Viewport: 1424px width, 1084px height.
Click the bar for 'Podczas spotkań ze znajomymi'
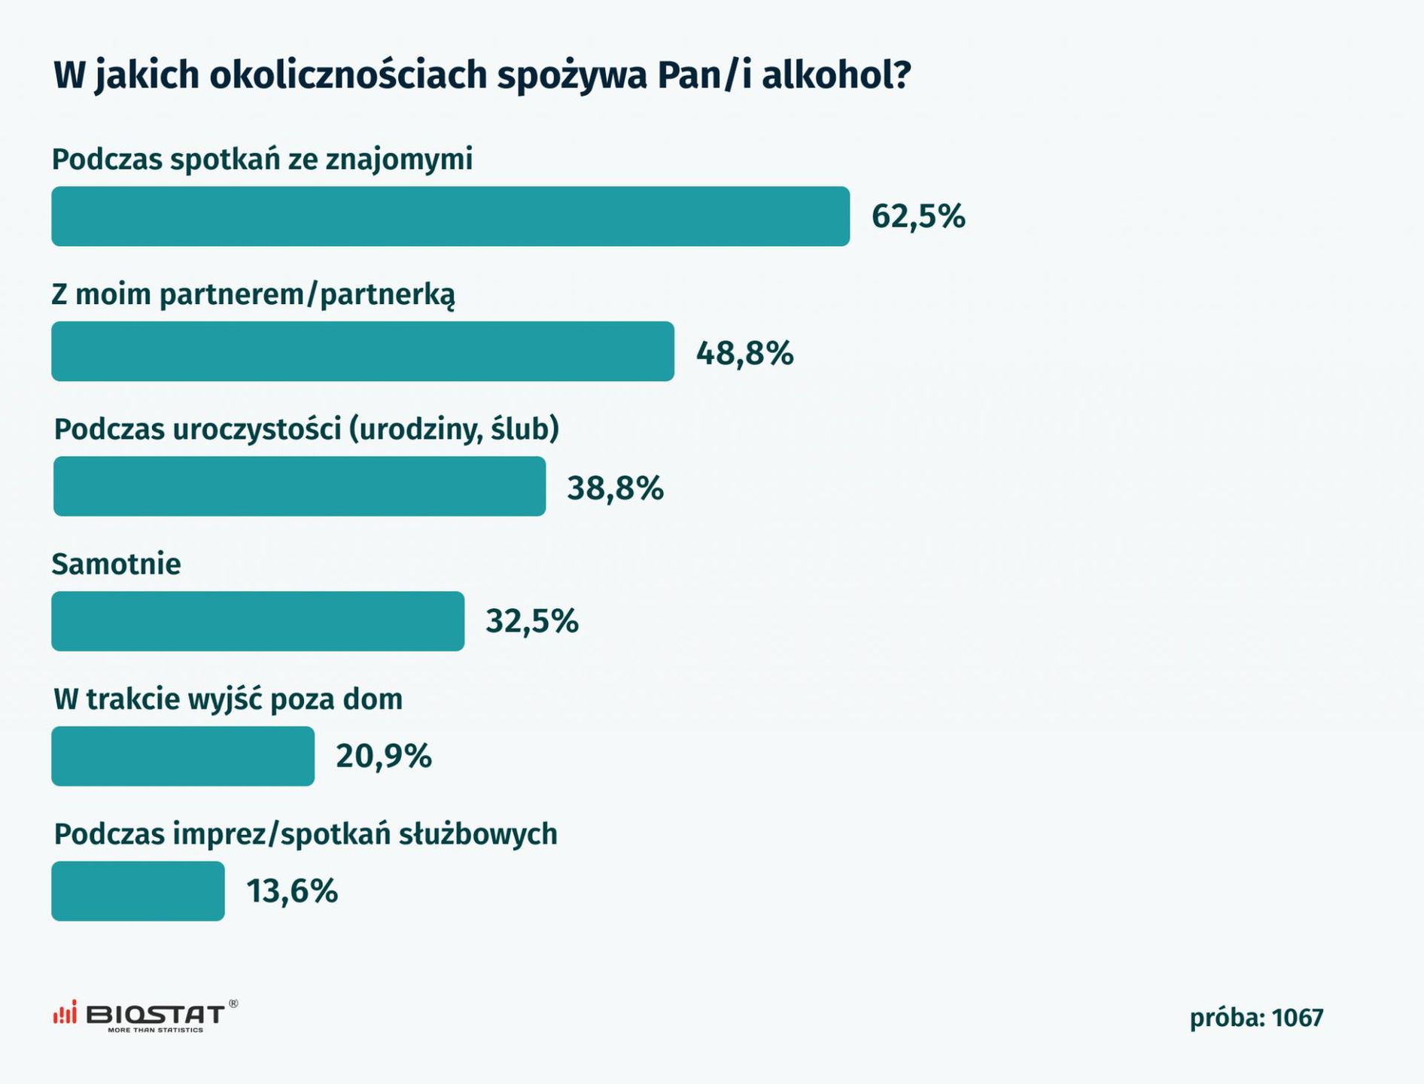[450, 216]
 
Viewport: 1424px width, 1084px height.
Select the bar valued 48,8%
[363, 352]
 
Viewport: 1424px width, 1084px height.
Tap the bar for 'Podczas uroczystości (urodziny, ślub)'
[300, 486]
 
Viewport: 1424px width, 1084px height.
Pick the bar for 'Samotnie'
[257, 621]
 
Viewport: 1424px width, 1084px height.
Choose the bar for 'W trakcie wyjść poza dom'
[183, 756]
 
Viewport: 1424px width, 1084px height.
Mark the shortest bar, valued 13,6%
[138, 891]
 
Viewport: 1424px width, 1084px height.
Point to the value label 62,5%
[918, 217]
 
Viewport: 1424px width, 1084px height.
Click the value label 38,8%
[615, 489]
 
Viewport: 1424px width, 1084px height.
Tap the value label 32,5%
[531, 622]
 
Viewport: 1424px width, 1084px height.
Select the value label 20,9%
[384, 757]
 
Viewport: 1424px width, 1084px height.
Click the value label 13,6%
[292, 892]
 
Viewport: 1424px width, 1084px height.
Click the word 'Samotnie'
[116, 565]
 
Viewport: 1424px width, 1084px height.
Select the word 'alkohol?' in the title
[836, 75]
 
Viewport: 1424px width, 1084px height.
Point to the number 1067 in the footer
[1298, 1019]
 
